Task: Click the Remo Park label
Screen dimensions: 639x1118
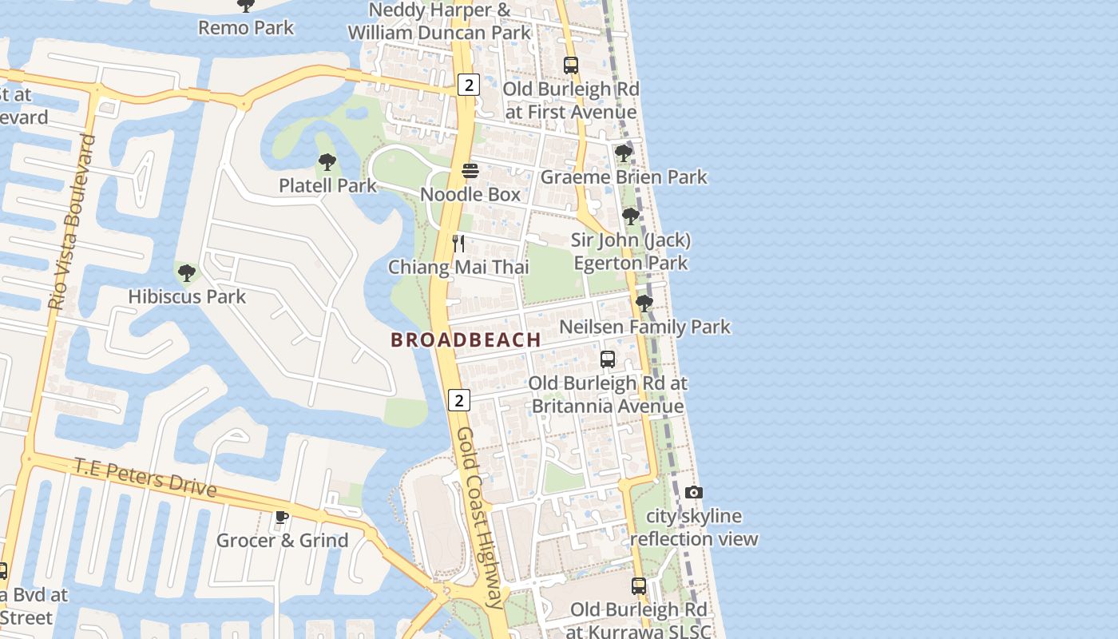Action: (246, 28)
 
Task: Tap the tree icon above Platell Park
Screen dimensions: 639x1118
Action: (327, 162)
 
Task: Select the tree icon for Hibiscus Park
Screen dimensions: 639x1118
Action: (187, 273)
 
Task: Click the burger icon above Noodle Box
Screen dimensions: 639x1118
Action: (470, 171)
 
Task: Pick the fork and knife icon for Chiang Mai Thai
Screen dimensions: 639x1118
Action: (458, 244)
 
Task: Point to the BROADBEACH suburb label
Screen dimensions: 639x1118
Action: (466, 339)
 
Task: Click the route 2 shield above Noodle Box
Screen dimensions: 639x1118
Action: (469, 85)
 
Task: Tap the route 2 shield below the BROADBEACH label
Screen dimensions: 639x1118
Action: (458, 400)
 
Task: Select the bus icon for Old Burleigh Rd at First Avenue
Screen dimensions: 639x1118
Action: (570, 65)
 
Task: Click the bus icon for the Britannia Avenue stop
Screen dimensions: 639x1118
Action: (608, 359)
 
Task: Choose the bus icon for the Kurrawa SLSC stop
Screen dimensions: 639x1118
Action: (638, 586)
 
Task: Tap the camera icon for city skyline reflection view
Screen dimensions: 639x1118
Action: (694, 493)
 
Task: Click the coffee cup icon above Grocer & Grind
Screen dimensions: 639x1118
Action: (282, 517)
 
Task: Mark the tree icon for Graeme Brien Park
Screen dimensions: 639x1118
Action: (623, 153)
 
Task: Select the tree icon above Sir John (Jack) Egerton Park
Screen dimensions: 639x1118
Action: (630, 216)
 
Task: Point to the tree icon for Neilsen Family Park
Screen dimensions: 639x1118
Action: (644, 304)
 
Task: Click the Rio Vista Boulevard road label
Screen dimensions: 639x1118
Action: (72, 222)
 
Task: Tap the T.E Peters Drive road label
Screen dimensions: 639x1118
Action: (145, 476)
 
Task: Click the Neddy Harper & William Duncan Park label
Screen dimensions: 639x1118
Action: (439, 22)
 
